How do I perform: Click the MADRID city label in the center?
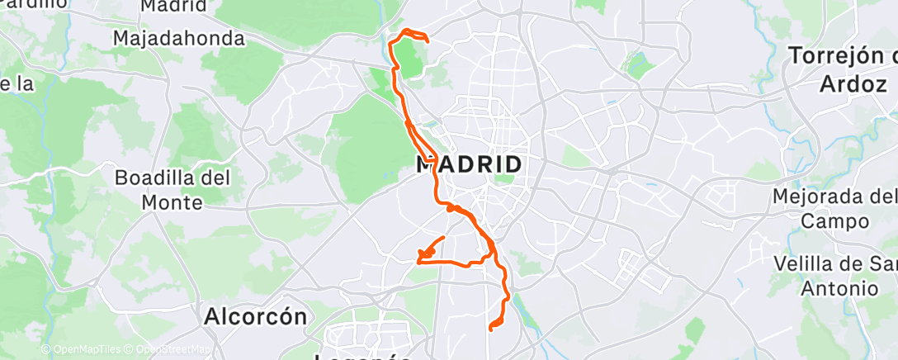tap(469, 164)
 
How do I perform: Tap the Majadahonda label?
tap(179, 38)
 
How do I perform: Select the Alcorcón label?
tap(255, 316)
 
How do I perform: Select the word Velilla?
tap(811, 264)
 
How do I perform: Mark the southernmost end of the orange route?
tap(491, 329)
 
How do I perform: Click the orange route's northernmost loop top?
tap(406, 31)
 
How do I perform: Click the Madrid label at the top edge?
tap(173, 7)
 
